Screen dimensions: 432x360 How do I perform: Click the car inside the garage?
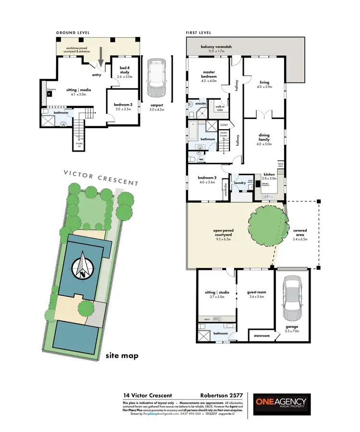click(x=292, y=300)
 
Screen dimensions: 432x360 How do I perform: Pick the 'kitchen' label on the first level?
click(x=269, y=175)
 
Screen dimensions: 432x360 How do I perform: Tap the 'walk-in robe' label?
click(x=220, y=108)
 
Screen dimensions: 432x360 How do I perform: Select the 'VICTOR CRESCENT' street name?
click(x=102, y=177)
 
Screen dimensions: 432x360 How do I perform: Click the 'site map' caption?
click(x=122, y=356)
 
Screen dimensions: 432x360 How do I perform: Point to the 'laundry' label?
click(x=240, y=182)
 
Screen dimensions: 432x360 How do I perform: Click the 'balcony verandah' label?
click(x=216, y=47)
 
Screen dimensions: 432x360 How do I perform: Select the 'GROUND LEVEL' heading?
click(x=73, y=33)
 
